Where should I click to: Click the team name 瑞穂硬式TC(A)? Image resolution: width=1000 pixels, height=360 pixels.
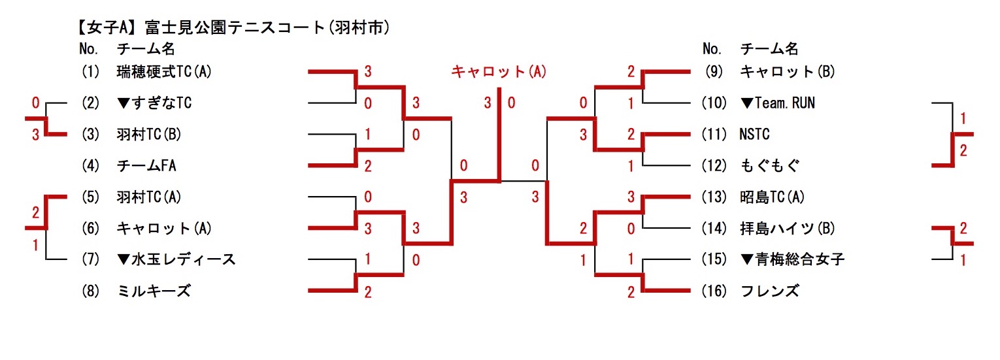click(164, 71)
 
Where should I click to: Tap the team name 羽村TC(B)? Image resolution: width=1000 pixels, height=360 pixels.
click(149, 135)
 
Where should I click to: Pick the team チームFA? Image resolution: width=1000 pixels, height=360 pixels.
click(147, 166)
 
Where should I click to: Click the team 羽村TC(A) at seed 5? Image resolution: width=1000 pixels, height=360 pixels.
click(149, 197)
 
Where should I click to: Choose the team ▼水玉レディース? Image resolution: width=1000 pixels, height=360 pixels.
click(176, 260)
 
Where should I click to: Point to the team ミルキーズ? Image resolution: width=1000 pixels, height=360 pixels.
click(154, 291)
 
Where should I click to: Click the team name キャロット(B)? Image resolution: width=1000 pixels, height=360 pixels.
click(788, 71)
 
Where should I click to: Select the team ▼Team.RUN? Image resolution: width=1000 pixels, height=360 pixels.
click(778, 103)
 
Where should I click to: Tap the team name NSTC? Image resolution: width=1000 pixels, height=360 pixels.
click(755, 135)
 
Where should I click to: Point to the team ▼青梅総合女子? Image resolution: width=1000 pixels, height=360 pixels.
click(792, 260)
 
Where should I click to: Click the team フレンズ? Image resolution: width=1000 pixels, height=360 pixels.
click(769, 291)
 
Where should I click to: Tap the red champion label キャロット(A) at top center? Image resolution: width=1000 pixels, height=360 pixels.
click(499, 71)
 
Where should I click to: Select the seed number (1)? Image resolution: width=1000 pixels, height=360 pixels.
click(89, 71)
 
